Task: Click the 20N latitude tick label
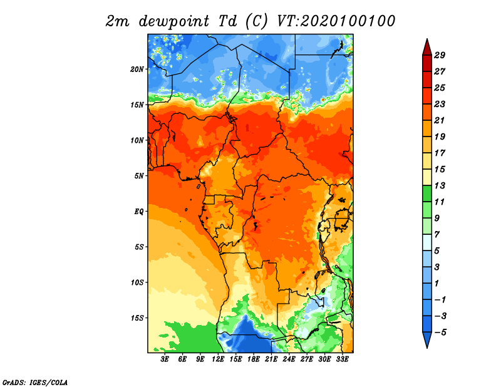click(x=137, y=70)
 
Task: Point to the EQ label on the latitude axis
click(x=138, y=212)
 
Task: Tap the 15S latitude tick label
click(x=137, y=318)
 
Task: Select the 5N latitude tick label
click(x=138, y=176)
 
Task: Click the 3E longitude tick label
click(x=165, y=359)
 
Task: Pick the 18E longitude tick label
click(x=254, y=359)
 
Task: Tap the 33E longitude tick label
click(x=342, y=359)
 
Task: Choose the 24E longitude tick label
click(x=289, y=359)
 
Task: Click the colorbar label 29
click(x=440, y=55)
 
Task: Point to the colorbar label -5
click(x=440, y=333)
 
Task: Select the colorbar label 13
click(x=440, y=185)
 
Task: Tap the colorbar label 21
click(x=440, y=120)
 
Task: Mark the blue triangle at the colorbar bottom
click(x=427, y=339)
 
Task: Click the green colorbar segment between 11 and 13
click(x=427, y=194)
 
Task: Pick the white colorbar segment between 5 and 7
click(x=427, y=242)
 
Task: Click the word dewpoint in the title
click(x=174, y=22)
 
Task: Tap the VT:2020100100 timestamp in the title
click(x=336, y=21)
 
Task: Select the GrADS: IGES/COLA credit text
click(x=35, y=383)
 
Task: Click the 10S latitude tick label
click(x=137, y=282)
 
